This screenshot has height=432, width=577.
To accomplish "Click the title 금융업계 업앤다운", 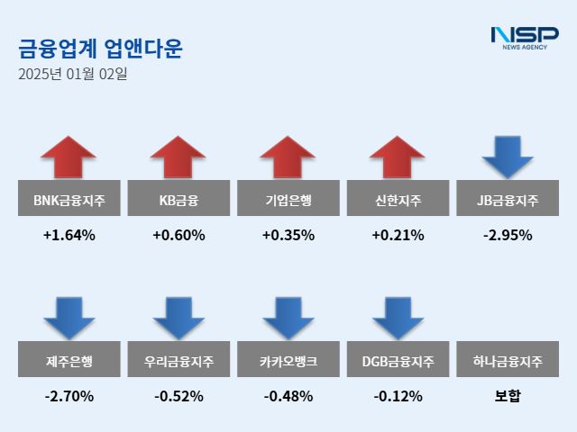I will pos(100,48).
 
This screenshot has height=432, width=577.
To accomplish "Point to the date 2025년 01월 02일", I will pos(72,75).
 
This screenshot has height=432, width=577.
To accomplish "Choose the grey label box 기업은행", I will pos(288,199).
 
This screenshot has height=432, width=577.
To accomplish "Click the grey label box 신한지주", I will pos(398,199).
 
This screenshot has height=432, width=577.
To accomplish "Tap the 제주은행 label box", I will pos(69,361).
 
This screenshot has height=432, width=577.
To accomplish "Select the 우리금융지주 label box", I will pos(179,361).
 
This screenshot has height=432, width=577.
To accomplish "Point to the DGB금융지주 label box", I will pos(398,361).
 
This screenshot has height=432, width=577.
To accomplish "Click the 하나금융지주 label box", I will pos(508,361).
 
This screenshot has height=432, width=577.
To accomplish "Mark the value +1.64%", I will pos(69,236).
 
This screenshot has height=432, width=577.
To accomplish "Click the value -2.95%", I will pos(508,236).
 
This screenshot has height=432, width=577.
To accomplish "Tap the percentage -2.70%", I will pos(69,396).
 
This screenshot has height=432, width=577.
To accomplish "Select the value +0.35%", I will pos(288,236).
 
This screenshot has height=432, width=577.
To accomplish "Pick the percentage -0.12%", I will pos(398,396).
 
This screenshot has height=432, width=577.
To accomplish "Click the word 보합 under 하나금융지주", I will pos(508,396).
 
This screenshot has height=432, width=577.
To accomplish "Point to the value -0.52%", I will pos(179,396).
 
